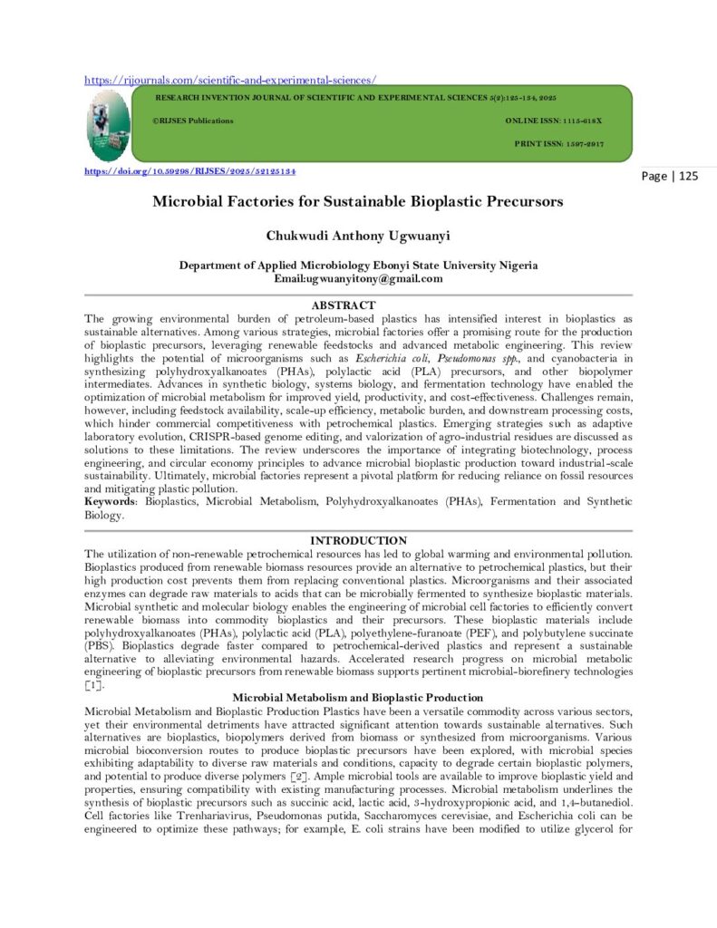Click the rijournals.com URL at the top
(x=230, y=79)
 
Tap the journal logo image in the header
(x=108, y=124)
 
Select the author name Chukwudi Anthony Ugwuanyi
(x=357, y=236)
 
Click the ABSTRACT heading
(x=343, y=305)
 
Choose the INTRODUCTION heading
(x=358, y=540)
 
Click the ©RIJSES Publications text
(x=192, y=121)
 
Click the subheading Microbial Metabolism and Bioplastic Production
(x=358, y=697)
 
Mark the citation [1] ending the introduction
(x=93, y=685)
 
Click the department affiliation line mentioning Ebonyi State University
(x=357, y=266)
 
